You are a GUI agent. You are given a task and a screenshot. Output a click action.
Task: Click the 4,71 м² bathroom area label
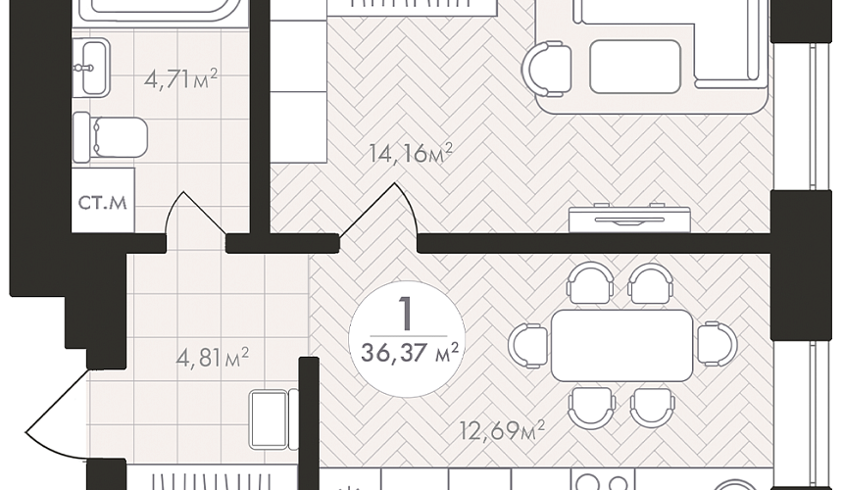(x=180, y=79)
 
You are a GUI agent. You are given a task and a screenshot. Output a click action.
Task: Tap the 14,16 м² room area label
(x=411, y=153)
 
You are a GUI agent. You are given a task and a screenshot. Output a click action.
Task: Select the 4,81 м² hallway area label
(x=213, y=356)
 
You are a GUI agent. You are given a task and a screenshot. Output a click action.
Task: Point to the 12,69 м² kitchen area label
(x=503, y=430)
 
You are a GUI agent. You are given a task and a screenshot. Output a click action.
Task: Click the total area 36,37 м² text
(x=410, y=354)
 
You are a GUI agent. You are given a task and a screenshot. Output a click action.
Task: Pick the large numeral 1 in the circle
(x=406, y=314)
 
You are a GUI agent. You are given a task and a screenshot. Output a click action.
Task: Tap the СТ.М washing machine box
(x=103, y=200)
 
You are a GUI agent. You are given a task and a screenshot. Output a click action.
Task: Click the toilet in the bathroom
(x=110, y=137)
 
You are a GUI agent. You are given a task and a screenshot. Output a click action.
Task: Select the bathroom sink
(x=91, y=68)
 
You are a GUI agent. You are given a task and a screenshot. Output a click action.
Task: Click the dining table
(x=621, y=346)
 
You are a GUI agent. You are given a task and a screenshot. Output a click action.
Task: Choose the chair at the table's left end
(x=528, y=346)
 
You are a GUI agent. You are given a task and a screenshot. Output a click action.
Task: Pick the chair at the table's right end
(x=718, y=344)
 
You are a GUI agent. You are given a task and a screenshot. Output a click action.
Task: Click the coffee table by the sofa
(x=635, y=67)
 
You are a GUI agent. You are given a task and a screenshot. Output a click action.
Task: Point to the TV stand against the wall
(x=629, y=219)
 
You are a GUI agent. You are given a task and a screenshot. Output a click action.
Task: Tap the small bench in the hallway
(x=273, y=419)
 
